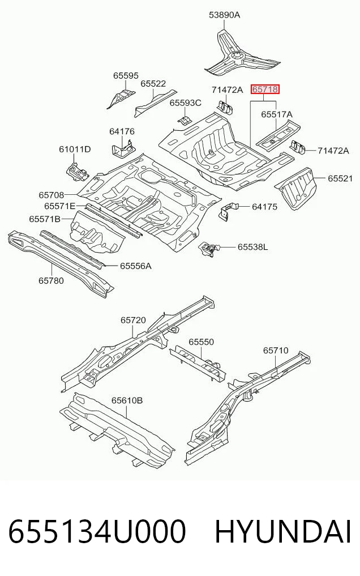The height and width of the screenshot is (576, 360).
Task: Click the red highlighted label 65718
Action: [x=265, y=89]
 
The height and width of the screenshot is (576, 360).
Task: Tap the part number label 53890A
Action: [x=224, y=15]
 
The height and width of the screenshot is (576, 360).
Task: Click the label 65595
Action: [x=126, y=76]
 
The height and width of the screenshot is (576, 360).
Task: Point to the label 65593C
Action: [x=185, y=103]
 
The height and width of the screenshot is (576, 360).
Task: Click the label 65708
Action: [x=52, y=195]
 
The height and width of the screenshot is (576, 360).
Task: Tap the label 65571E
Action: [x=59, y=206]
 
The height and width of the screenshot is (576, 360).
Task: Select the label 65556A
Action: [x=136, y=266]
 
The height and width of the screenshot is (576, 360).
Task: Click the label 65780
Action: [x=51, y=281]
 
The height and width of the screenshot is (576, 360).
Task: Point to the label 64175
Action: [x=264, y=207]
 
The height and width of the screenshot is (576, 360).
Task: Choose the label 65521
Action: [x=340, y=178]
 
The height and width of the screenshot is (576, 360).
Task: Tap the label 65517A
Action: [x=277, y=114]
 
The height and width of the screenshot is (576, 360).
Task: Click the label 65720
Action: [x=133, y=321]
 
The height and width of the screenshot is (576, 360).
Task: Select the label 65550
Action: [x=201, y=342]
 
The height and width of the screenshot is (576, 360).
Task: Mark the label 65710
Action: [x=276, y=351]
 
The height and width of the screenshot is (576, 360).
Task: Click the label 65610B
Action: [x=127, y=400]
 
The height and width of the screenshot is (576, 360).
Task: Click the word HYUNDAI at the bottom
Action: [x=282, y=532]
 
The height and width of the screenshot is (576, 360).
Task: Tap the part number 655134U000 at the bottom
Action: [x=97, y=532]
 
